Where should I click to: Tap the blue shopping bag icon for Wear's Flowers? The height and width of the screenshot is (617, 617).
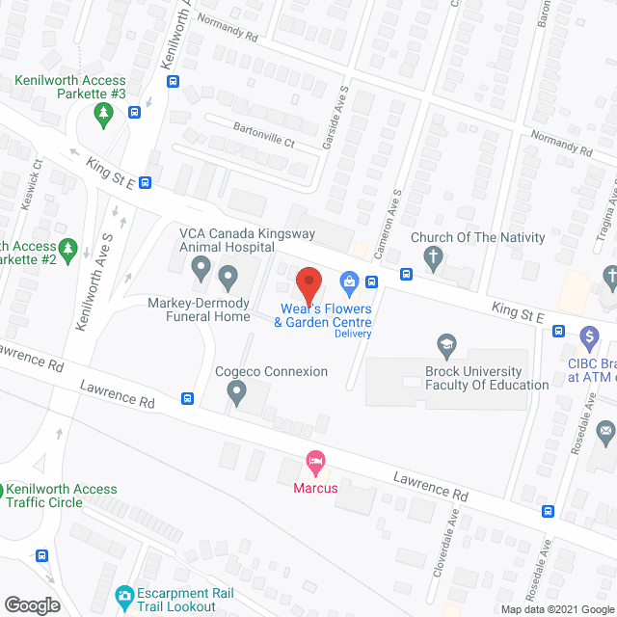click(349, 282)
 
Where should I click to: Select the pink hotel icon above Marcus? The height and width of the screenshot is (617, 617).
click(314, 464)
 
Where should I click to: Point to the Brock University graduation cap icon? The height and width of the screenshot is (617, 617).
click(446, 344)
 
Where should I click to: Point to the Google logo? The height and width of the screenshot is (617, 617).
click(31, 604)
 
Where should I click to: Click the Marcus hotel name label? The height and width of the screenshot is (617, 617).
click(315, 487)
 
